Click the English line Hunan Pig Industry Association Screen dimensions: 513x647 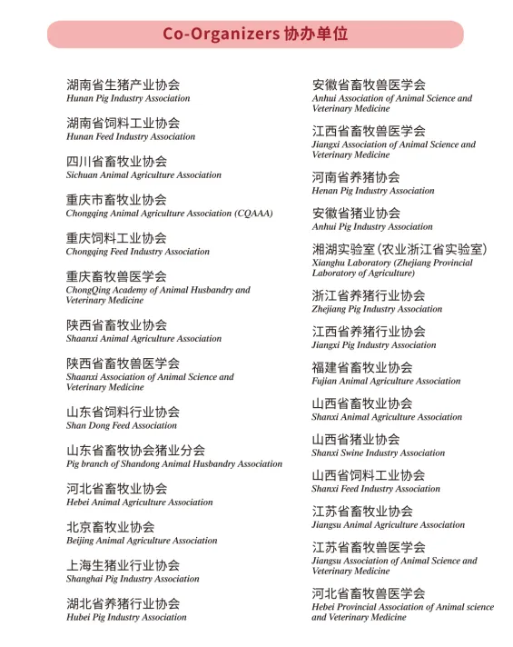128,98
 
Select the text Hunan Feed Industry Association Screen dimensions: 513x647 131,136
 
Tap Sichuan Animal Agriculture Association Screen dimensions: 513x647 143,174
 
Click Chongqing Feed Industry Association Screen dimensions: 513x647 138,252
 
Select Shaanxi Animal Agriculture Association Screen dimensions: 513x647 143,338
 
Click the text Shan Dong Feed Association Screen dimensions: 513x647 122,425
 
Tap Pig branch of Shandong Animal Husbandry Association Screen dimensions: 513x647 174,463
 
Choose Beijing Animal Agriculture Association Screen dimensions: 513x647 142,541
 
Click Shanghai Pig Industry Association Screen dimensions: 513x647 133,579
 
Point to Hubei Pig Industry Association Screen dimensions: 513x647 126,617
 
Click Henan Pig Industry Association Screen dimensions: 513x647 373,191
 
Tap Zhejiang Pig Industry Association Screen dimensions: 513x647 377,309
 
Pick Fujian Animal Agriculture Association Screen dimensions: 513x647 386,382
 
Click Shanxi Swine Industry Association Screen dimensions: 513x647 379,453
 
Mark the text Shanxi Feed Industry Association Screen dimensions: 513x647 376,489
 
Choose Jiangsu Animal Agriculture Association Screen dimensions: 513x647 389,524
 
